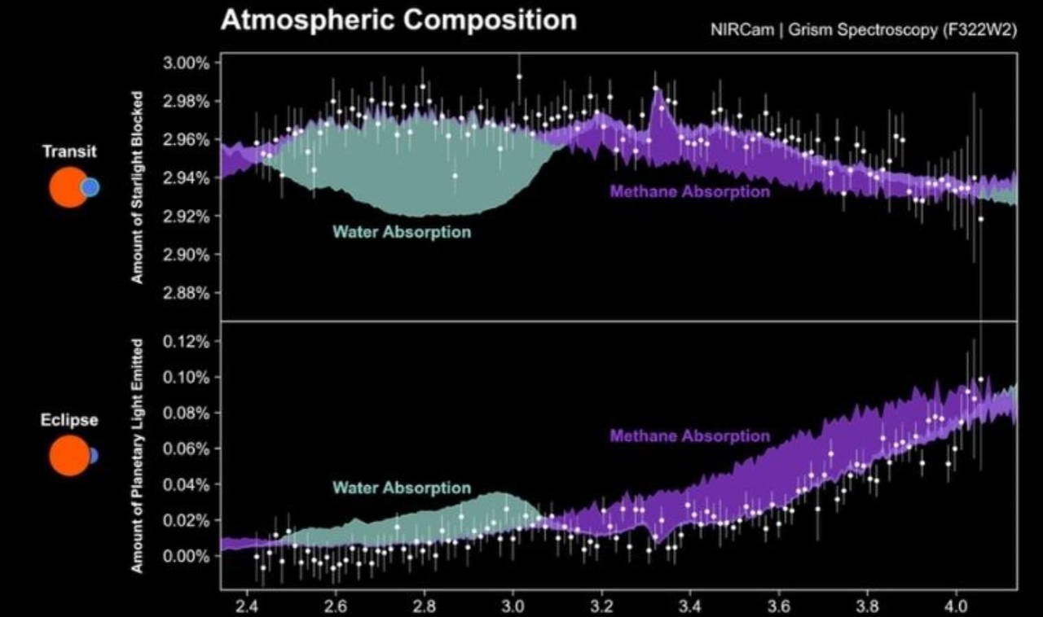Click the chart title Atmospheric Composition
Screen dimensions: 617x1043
tap(398, 20)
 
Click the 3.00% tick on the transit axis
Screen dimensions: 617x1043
tap(187, 63)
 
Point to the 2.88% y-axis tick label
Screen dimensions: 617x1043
tap(187, 293)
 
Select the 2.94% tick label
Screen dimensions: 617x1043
tap(187, 177)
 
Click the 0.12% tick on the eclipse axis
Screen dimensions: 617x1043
tap(187, 341)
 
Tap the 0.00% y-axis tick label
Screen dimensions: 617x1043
tap(187, 556)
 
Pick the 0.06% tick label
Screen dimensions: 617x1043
tap(187, 449)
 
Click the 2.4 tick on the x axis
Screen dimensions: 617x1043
tap(247, 606)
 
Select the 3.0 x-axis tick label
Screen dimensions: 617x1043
tap(513, 606)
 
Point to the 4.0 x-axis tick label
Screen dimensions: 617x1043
tap(956, 606)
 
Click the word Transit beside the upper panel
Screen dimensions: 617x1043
tap(69, 151)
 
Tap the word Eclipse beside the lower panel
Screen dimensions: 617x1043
tap(69, 420)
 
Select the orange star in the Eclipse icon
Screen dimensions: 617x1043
tap(68, 456)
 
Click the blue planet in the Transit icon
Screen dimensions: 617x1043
tap(90, 187)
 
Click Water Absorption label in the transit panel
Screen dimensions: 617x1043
tap(402, 232)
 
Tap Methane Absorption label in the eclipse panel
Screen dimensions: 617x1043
tap(689, 436)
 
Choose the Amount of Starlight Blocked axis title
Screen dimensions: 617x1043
tap(138, 187)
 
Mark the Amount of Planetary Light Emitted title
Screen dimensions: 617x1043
tap(138, 456)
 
